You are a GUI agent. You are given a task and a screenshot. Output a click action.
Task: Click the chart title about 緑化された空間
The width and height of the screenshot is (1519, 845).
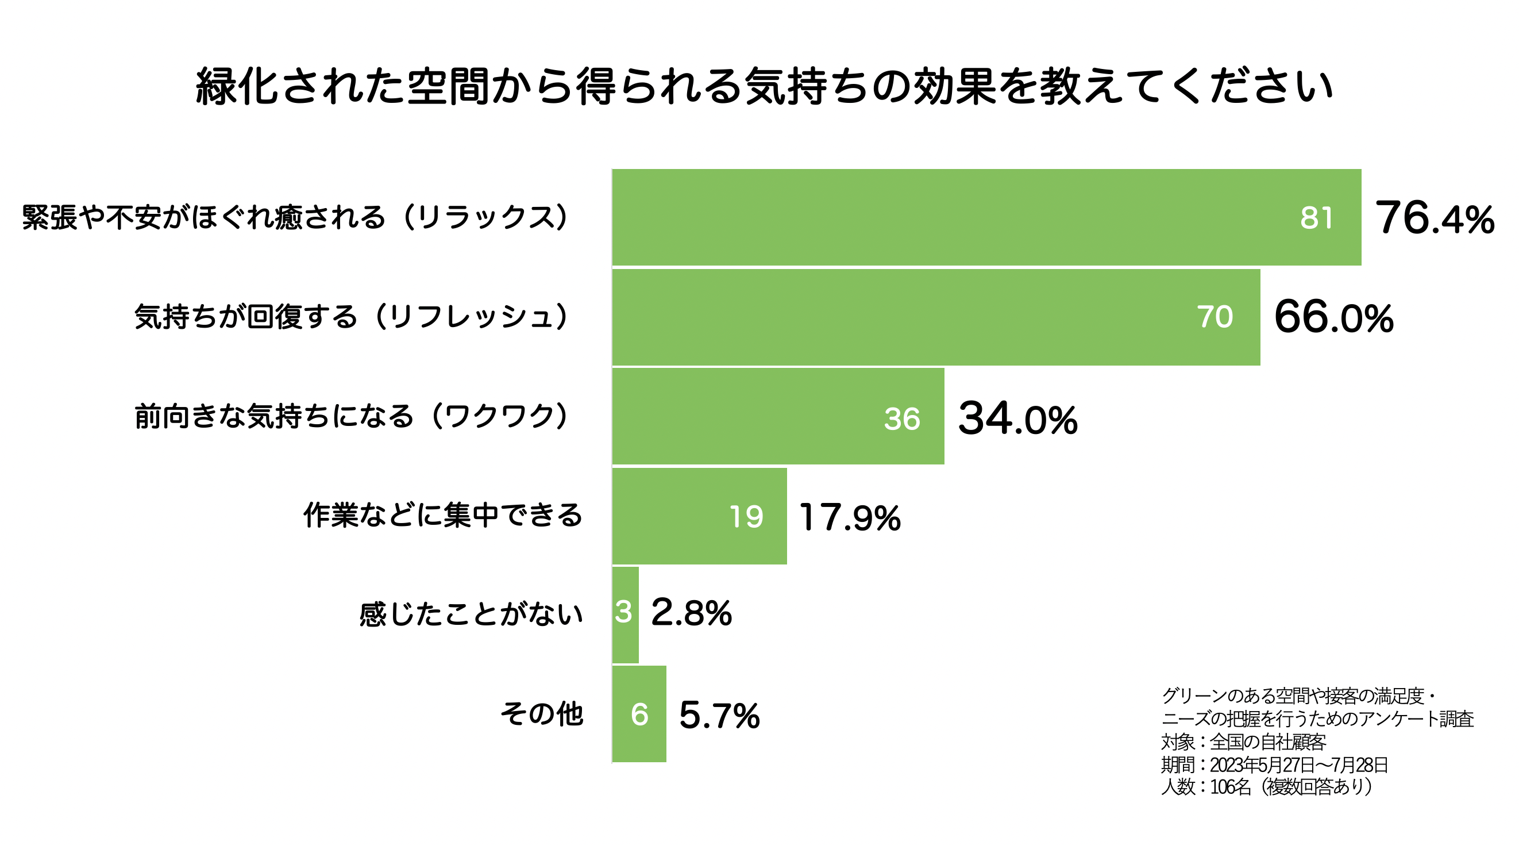tap(764, 87)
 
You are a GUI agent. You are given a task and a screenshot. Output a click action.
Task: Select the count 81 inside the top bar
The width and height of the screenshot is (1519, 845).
tap(1316, 218)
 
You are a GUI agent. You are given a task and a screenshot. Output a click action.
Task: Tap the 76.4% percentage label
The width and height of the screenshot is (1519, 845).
tap(1434, 218)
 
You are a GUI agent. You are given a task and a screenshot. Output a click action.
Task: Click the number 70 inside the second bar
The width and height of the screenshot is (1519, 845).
tap(1215, 317)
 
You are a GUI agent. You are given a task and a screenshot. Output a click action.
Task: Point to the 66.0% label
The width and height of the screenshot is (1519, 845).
tap(1333, 317)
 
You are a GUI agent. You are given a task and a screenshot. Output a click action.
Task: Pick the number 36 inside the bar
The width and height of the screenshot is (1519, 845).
tap(901, 419)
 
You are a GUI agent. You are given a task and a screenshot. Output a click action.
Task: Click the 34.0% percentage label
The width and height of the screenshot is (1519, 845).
tap(1018, 419)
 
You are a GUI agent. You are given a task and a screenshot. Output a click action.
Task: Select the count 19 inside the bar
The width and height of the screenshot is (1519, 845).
tap(746, 517)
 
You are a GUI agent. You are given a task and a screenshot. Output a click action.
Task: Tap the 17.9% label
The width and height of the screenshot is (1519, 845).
tap(850, 517)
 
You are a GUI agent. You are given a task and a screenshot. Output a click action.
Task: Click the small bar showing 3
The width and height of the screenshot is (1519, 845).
tap(625, 614)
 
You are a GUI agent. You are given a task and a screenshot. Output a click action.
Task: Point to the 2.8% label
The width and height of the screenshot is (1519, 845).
tap(691, 613)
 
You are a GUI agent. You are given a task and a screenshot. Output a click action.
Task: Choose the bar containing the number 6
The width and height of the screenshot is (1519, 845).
tap(639, 714)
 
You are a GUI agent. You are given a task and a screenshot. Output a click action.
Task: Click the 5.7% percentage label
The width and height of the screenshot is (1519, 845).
tap(719, 715)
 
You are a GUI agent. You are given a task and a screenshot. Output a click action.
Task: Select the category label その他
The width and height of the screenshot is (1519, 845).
tap(541, 713)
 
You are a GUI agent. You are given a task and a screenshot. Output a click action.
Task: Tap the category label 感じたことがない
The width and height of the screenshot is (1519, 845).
tap(471, 614)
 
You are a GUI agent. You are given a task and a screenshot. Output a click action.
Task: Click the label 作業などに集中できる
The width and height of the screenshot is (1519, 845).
tap(442, 515)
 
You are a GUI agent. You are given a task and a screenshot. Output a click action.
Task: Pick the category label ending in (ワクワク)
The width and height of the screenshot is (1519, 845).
tap(352, 416)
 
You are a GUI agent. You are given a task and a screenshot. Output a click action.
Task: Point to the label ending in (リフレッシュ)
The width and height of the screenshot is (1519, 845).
tap(352, 317)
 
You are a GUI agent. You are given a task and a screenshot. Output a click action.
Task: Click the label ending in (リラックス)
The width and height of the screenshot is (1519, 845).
tap(295, 217)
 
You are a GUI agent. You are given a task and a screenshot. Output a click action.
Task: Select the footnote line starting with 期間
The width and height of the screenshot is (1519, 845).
tap(1274, 765)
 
